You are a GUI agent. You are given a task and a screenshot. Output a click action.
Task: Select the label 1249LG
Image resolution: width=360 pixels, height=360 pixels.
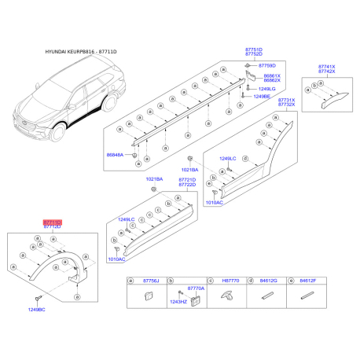[x=267, y=90]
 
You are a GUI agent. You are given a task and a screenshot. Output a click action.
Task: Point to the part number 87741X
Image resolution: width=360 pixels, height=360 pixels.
[x=326, y=66]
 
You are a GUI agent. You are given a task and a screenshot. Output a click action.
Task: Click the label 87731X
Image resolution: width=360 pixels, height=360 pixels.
[x=287, y=100]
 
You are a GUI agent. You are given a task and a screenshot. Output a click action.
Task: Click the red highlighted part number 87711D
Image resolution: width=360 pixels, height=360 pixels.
[x=52, y=222]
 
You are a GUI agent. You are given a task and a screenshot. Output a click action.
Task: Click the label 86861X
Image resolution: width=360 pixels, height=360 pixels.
[x=272, y=75]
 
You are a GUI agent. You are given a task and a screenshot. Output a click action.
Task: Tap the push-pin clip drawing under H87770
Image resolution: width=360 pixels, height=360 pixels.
[x=226, y=296]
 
